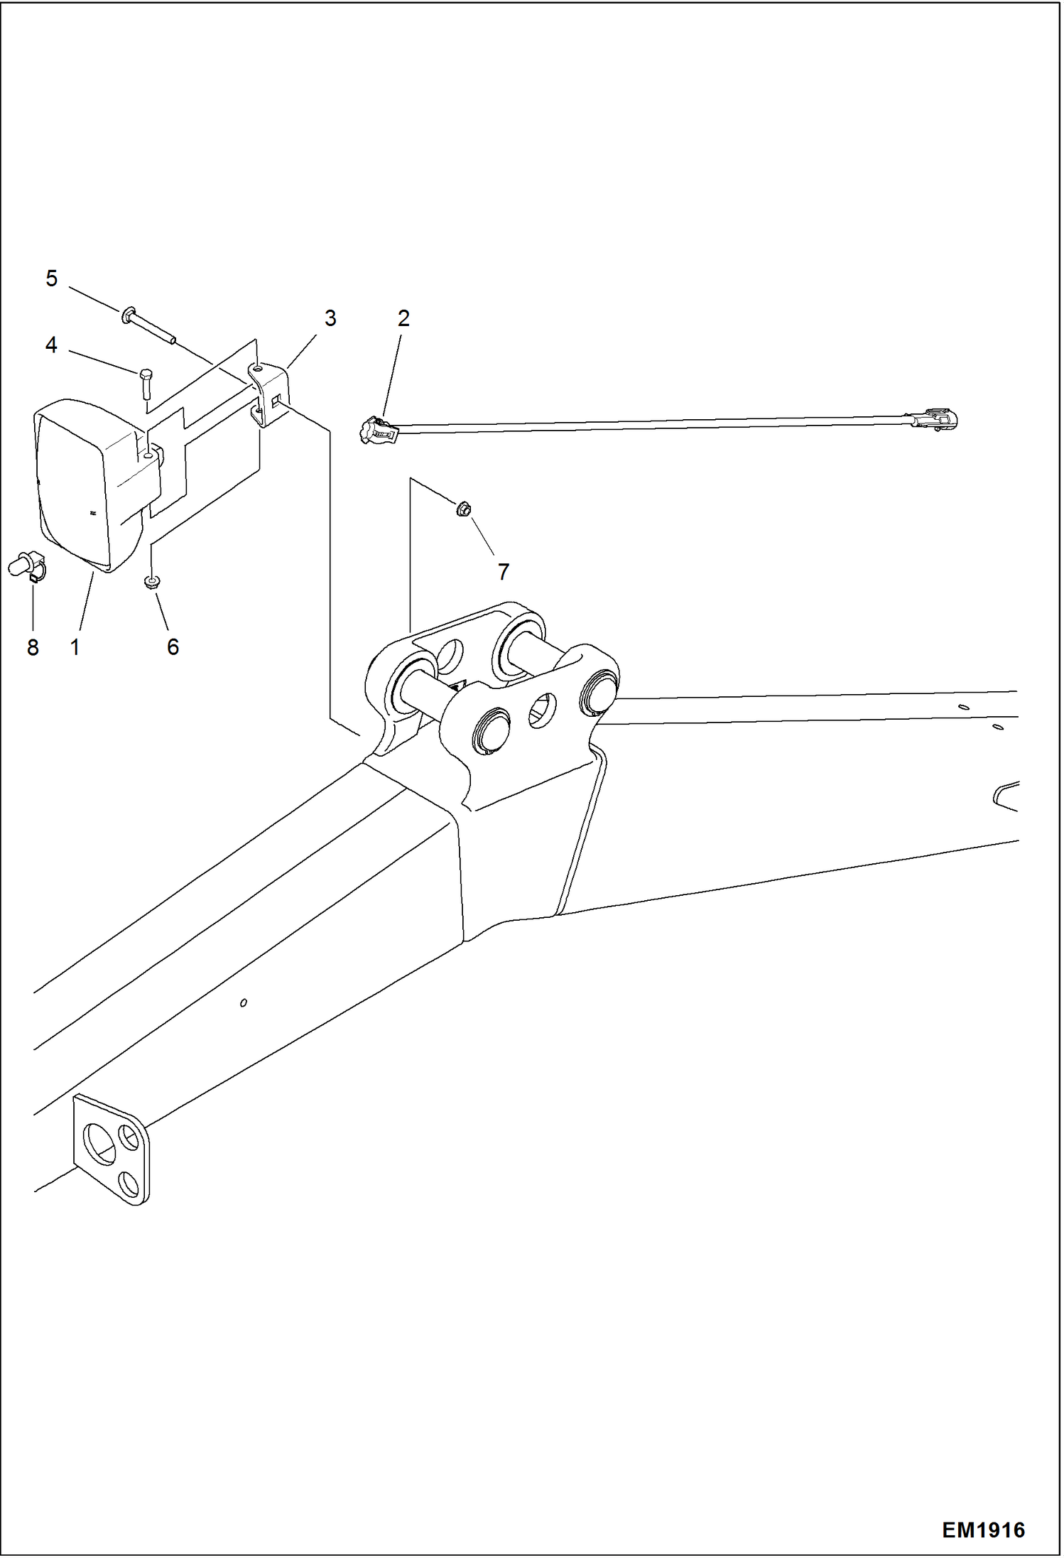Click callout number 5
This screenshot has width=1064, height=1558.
(51, 278)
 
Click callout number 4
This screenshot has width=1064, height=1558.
(51, 345)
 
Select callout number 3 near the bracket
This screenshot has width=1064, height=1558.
(330, 318)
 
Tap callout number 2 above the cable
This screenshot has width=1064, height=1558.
(403, 318)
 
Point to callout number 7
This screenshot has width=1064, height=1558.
(503, 571)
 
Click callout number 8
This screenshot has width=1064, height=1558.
(33, 647)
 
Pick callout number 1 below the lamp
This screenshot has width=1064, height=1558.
(75, 647)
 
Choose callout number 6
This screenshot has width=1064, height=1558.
(173, 647)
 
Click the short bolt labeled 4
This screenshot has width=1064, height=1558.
(146, 384)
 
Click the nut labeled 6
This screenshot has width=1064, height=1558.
(151, 583)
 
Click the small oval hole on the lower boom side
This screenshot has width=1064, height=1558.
(244, 1002)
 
